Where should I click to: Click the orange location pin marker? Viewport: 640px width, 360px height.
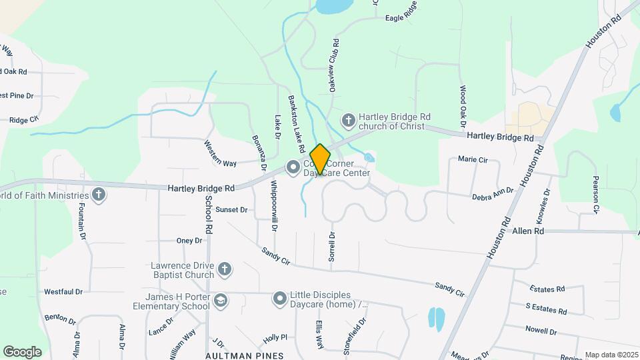coord(321,159)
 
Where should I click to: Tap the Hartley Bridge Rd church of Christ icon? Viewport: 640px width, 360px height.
coord(348,121)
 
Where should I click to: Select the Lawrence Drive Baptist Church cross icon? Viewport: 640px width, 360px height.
coord(225,269)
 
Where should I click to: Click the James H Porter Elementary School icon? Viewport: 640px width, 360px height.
coord(221,302)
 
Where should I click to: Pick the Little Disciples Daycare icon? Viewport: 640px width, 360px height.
coord(279,299)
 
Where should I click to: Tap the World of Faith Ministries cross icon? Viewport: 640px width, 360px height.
coord(99,195)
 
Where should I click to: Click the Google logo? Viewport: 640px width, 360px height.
coord(22,352)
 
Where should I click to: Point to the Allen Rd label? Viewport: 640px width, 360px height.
coord(528,231)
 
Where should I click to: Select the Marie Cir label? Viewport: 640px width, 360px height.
coord(473,160)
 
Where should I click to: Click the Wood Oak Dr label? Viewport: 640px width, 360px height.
coord(462,107)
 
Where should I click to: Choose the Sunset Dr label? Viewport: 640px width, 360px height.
coord(231,209)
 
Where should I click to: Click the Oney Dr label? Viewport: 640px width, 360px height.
coord(189,241)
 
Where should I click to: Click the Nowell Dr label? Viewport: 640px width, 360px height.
coord(541,331)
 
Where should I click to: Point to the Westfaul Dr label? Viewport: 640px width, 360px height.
coord(63,291)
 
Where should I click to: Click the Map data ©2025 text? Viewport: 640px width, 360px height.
coord(609,355)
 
